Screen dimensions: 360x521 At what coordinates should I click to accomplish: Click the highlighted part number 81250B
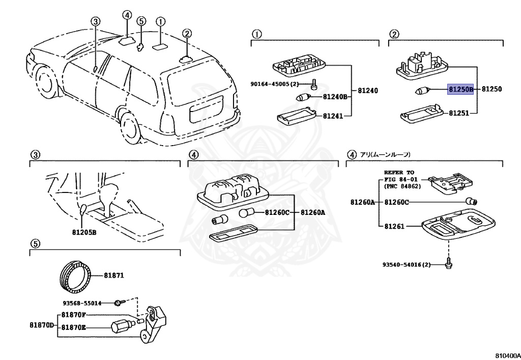pos(460,89)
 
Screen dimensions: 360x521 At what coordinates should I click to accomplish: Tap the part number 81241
pos(333,116)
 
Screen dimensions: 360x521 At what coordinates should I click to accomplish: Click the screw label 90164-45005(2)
pos(273,84)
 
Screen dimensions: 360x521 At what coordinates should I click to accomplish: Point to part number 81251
pos(458,113)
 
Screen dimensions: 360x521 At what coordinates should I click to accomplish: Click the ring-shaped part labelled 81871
pos(75,276)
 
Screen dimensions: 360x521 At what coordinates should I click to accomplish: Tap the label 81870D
pos(41,324)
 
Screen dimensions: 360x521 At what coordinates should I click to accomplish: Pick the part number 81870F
pos(74,315)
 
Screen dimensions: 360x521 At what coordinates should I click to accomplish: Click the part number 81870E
pos(74,328)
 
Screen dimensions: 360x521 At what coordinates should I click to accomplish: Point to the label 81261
pos(394,226)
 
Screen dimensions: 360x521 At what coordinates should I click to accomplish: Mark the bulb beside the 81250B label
pos(421,91)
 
